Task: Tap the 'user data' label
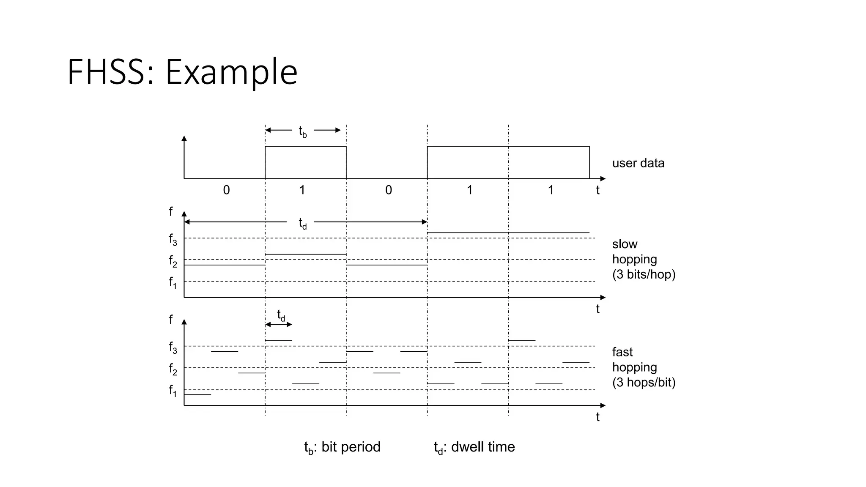pyautogui.click(x=638, y=163)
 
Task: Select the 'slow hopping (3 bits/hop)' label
pyautogui.click(x=643, y=259)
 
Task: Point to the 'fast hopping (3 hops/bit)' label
pyautogui.click(x=643, y=367)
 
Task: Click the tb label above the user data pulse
pyautogui.click(x=303, y=131)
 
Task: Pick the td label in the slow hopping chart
pyautogui.click(x=303, y=223)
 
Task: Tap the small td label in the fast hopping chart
pyautogui.click(x=281, y=315)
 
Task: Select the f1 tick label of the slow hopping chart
pyautogui.click(x=173, y=282)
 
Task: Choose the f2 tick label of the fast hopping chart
pyautogui.click(x=173, y=369)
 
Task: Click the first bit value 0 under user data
pyautogui.click(x=227, y=190)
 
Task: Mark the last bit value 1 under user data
pyautogui.click(x=551, y=190)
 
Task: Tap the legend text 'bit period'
pyautogui.click(x=351, y=447)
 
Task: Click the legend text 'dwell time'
pyautogui.click(x=483, y=447)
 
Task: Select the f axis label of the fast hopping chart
pyautogui.click(x=171, y=320)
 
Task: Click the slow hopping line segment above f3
pyautogui.click(x=508, y=233)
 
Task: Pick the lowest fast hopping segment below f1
pyautogui.click(x=197, y=394)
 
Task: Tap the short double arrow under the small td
pyautogui.click(x=279, y=325)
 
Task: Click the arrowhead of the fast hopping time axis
pyautogui.click(x=603, y=405)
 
